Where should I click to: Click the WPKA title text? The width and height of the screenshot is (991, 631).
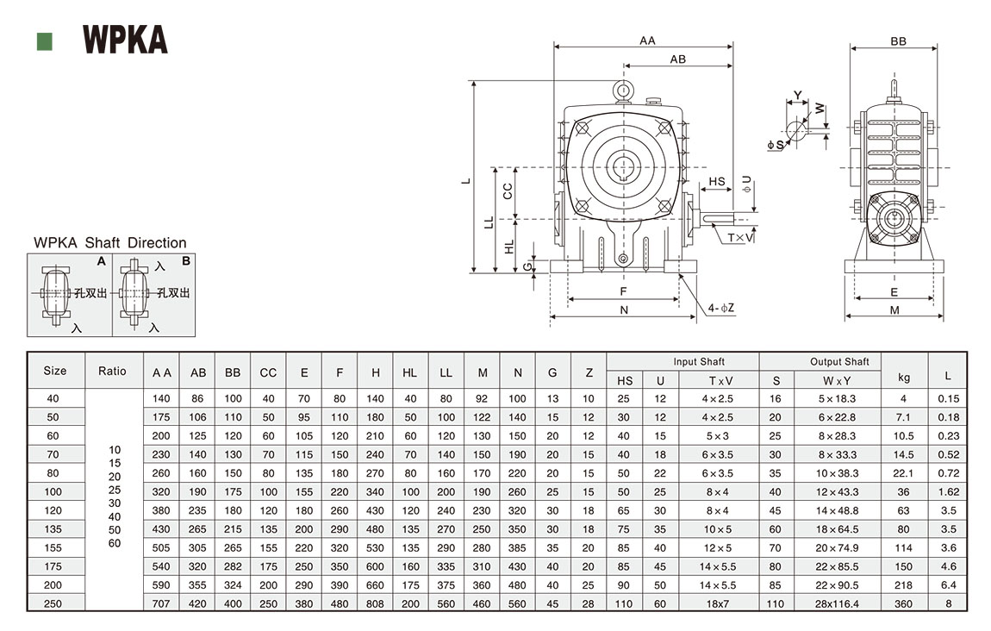click(x=125, y=40)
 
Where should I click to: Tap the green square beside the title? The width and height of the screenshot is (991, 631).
click(x=45, y=41)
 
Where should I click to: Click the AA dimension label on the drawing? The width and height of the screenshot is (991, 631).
click(x=648, y=40)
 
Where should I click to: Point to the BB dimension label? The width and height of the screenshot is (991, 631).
click(x=898, y=41)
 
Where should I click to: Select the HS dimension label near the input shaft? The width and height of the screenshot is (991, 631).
click(x=717, y=182)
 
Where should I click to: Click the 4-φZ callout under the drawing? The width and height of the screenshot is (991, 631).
click(x=721, y=308)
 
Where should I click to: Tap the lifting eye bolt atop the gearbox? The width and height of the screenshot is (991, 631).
click(x=623, y=90)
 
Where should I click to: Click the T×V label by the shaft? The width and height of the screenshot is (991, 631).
click(x=740, y=237)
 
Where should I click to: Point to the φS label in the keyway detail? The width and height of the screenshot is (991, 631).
click(x=776, y=145)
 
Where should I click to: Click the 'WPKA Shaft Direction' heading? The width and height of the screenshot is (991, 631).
click(x=109, y=243)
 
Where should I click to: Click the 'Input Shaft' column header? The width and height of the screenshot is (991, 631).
click(x=699, y=362)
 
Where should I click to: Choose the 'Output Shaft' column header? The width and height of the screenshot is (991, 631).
click(x=839, y=362)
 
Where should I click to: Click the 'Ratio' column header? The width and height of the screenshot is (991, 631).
click(x=112, y=372)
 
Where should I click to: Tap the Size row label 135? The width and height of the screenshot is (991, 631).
click(x=54, y=528)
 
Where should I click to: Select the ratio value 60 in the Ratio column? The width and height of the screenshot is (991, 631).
click(x=115, y=544)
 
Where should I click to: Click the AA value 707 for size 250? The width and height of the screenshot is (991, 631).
click(x=162, y=603)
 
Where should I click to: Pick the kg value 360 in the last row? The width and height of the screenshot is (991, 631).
click(x=904, y=603)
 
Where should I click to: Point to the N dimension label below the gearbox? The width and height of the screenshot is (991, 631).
click(x=624, y=309)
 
